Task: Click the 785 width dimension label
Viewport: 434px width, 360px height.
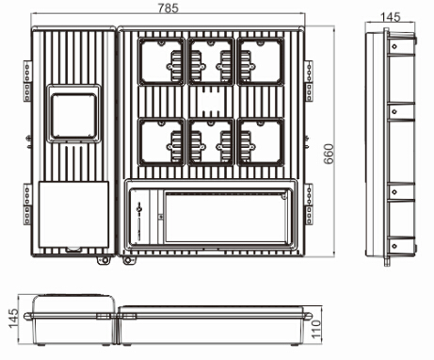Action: (169, 8)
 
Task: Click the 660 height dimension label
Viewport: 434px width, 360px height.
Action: (330, 154)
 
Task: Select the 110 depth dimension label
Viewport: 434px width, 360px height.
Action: (316, 329)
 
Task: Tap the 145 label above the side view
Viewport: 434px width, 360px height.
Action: (391, 17)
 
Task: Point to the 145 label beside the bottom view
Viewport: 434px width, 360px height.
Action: (13, 319)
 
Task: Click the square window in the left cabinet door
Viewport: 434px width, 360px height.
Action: (74, 115)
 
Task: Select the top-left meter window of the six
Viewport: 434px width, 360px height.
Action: (161, 61)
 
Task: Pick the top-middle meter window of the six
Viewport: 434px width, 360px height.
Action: (211, 61)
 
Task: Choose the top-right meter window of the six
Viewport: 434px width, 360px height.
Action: (261, 61)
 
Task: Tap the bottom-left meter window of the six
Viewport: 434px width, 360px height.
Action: (161, 142)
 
